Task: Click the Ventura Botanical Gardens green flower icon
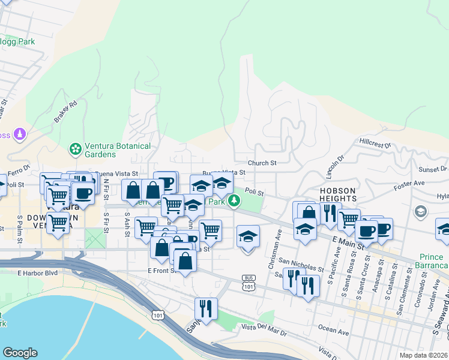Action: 75,148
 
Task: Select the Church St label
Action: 262,163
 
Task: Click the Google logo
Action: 20,353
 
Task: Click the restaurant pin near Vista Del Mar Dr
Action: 206,308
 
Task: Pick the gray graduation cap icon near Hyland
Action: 421,211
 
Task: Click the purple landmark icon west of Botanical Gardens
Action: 20,134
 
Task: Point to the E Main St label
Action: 349,243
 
